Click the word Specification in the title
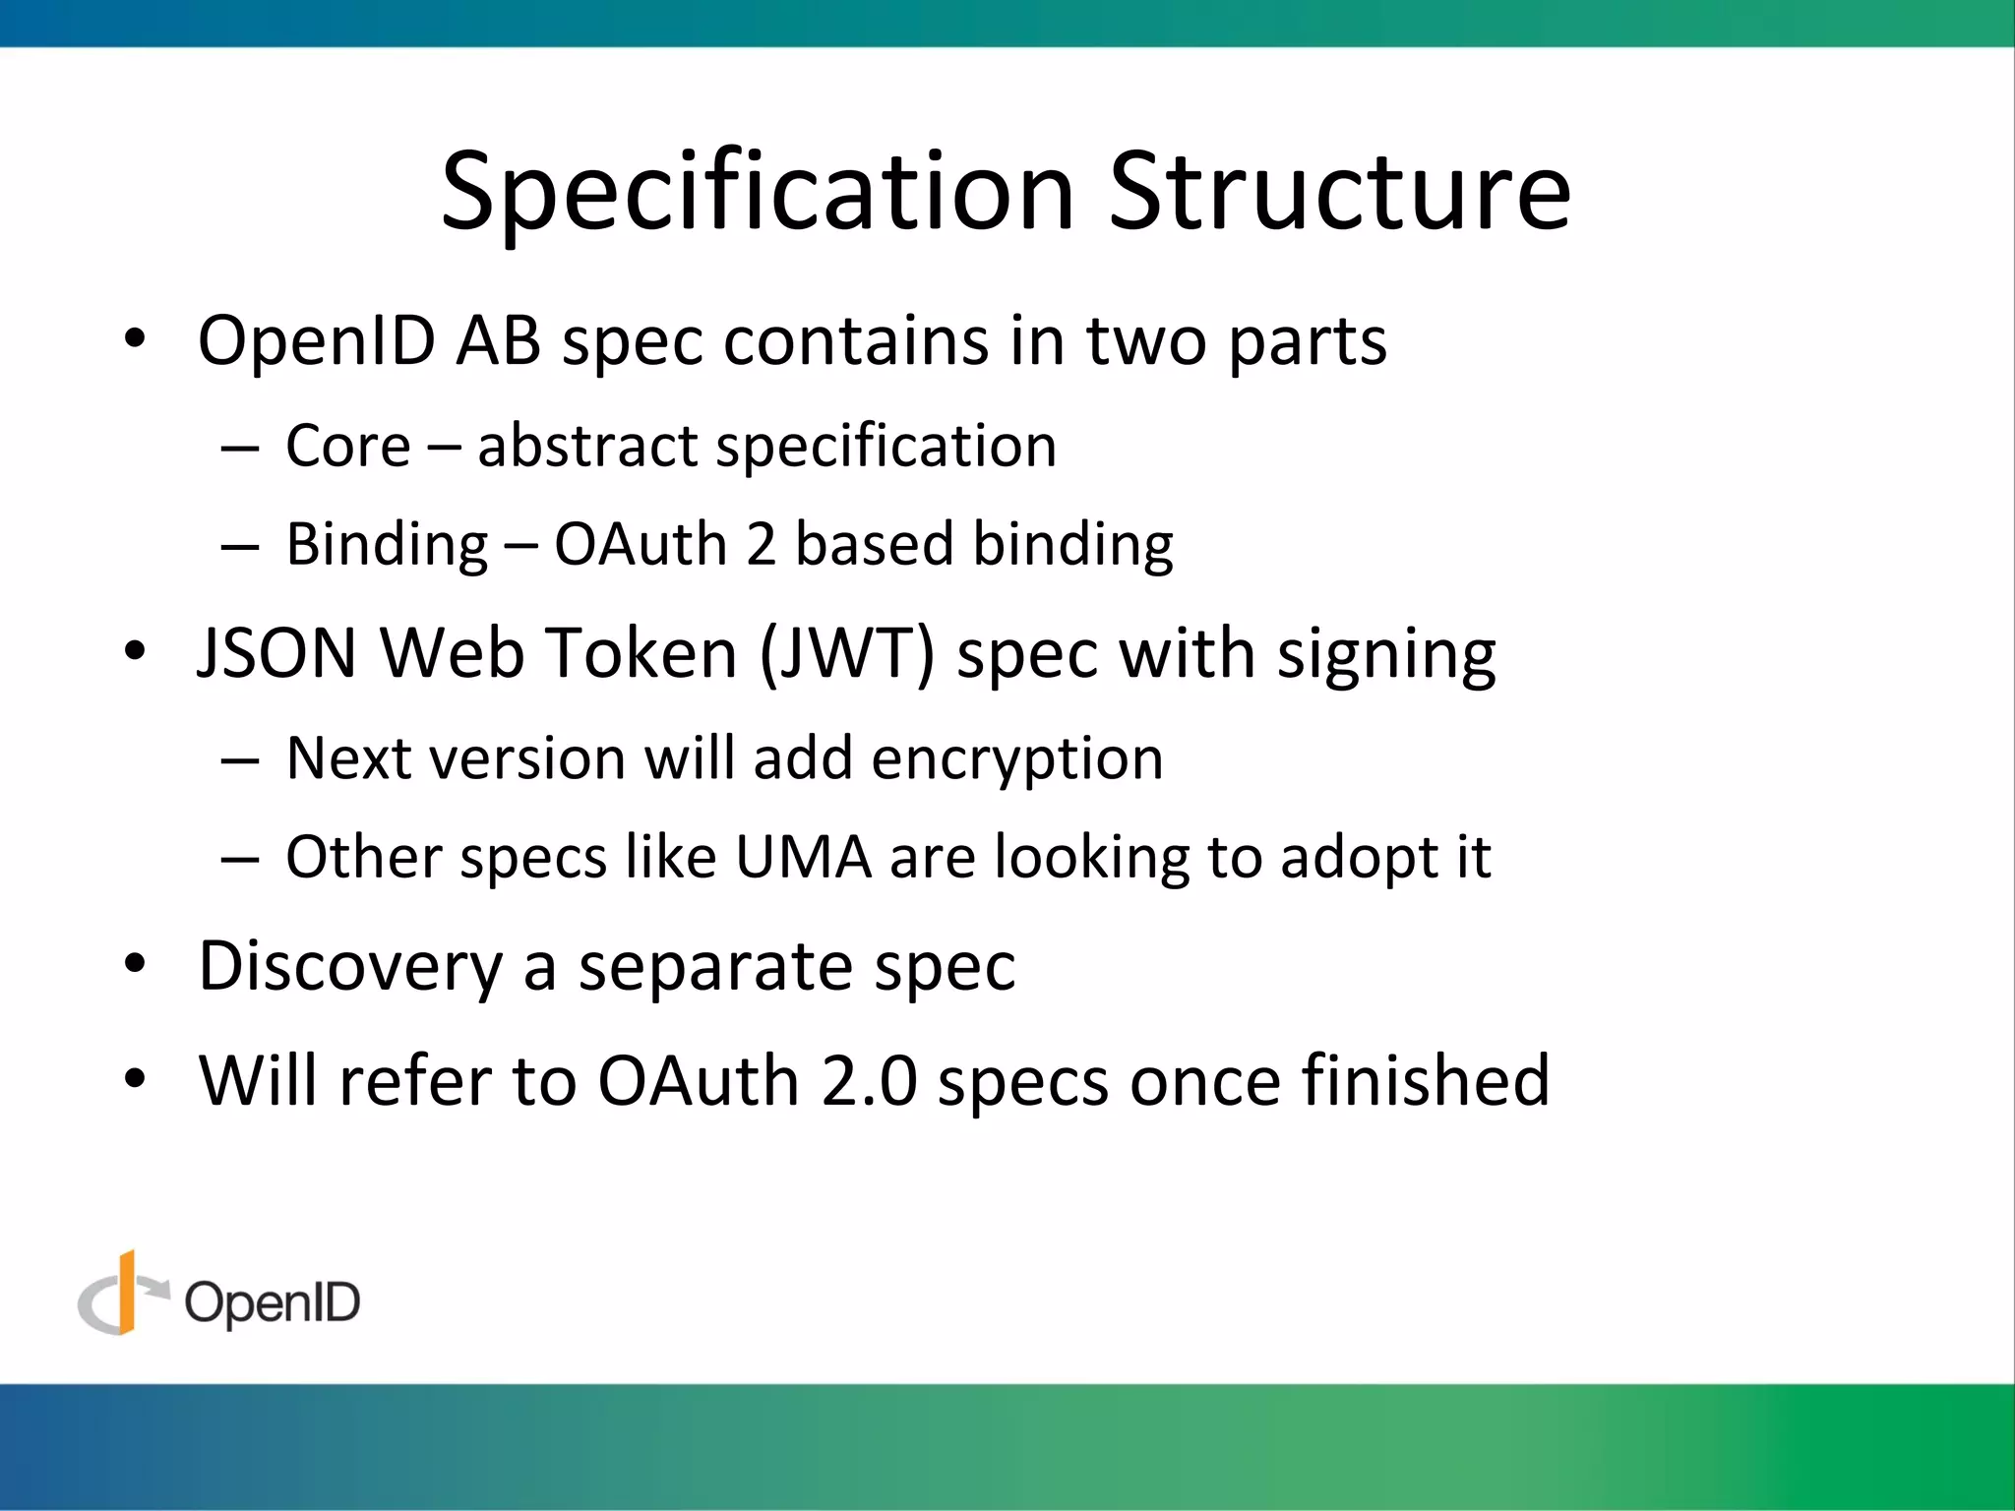(x=757, y=192)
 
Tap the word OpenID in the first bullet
(x=316, y=341)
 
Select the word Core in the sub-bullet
(x=347, y=446)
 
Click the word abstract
(x=586, y=446)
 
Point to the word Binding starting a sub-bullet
(x=386, y=546)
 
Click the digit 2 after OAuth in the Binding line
(x=761, y=544)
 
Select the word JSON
(x=276, y=653)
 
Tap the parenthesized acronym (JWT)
(x=846, y=653)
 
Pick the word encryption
(x=1016, y=760)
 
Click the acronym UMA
(x=803, y=857)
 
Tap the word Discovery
(x=350, y=967)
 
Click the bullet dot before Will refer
(x=135, y=1078)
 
